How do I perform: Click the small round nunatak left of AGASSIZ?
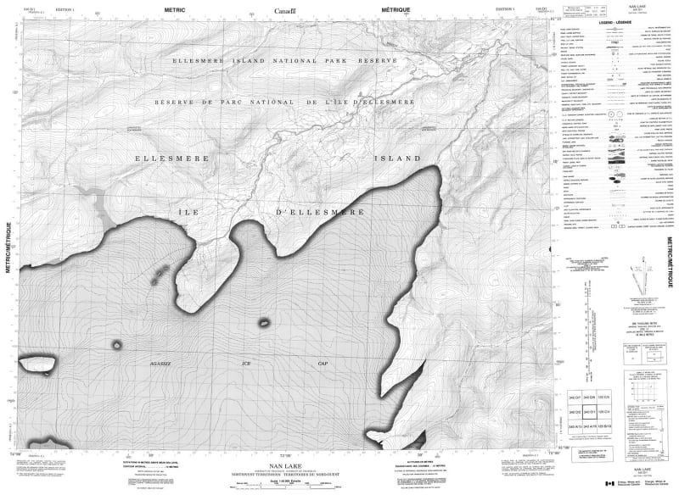click(116, 344)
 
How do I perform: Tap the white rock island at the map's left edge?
click(34, 364)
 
